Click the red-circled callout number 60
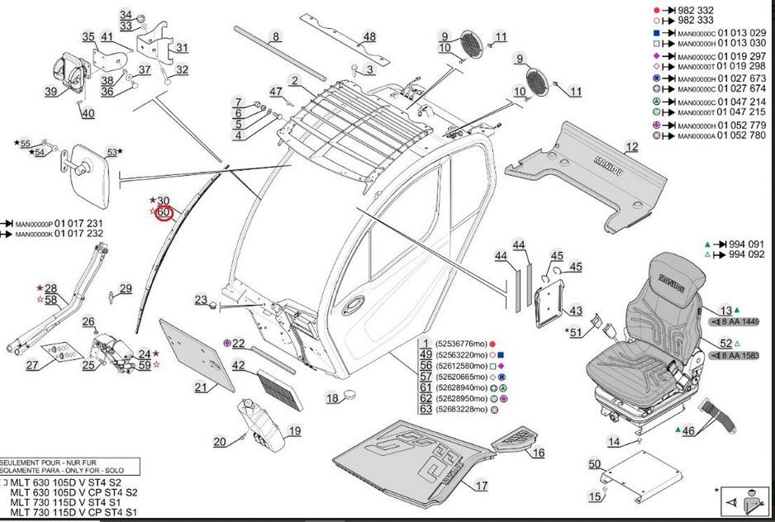164,212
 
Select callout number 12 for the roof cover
631,147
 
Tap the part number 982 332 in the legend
696,10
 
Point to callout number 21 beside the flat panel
202,387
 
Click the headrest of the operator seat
678,280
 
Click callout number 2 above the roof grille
294,80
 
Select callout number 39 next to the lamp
51,92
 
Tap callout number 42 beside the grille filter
238,366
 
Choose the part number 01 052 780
743,135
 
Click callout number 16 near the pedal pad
538,452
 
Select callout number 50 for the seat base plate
594,464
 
